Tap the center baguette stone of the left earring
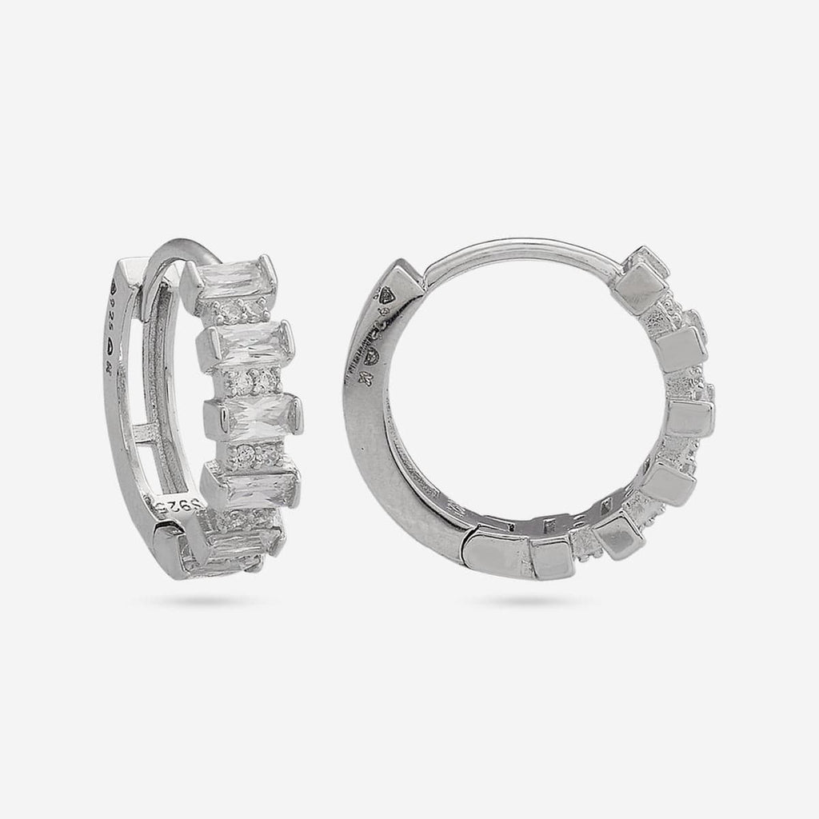[254, 413]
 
